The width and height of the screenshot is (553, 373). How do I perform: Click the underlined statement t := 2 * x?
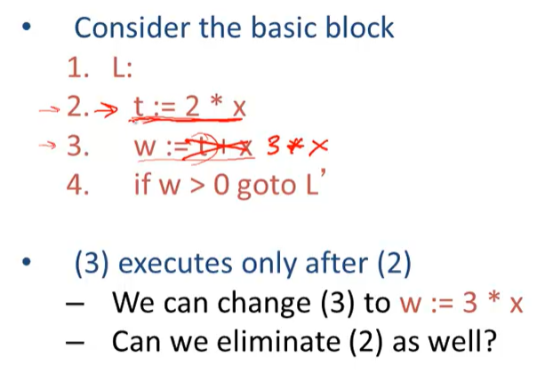click(x=188, y=107)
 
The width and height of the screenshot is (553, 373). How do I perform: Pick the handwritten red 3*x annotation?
click(x=290, y=147)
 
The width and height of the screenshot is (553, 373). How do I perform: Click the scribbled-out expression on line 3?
click(x=221, y=147)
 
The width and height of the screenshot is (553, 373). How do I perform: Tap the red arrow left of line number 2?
click(x=47, y=109)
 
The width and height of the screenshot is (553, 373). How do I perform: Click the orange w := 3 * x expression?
click(x=461, y=304)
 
